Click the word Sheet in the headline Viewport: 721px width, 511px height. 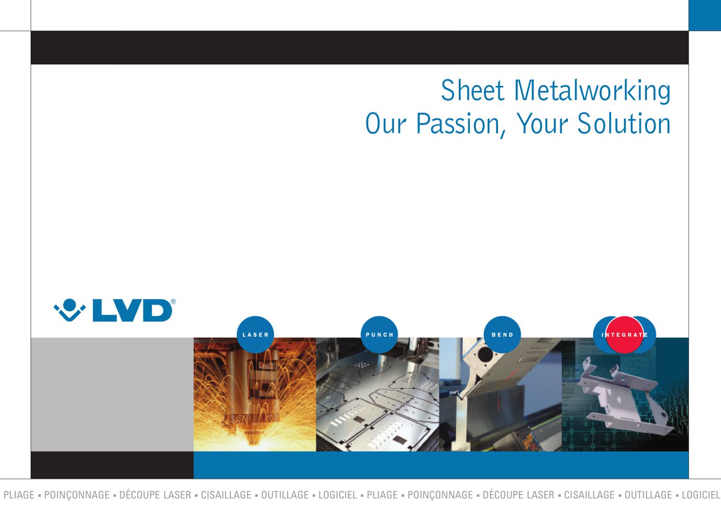tap(472, 90)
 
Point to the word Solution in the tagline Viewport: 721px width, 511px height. tap(624, 123)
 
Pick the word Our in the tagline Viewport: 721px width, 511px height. tap(386, 123)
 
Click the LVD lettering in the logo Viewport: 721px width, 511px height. tap(132, 311)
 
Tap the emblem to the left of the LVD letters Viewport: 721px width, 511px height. tap(69, 310)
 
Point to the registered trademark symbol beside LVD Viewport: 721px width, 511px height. tap(173, 301)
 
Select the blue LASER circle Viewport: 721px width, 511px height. tap(255, 335)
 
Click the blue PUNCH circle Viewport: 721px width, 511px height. tap(379, 335)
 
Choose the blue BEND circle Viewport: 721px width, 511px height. tap(502, 335)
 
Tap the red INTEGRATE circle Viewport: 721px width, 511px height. tap(625, 335)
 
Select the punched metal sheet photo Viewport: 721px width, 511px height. tap(378, 394)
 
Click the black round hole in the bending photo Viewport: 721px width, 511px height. tap(485, 354)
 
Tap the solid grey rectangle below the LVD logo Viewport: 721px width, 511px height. tap(112, 394)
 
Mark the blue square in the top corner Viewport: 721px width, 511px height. tap(705, 15)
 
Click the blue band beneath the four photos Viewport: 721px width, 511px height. tap(441, 465)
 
